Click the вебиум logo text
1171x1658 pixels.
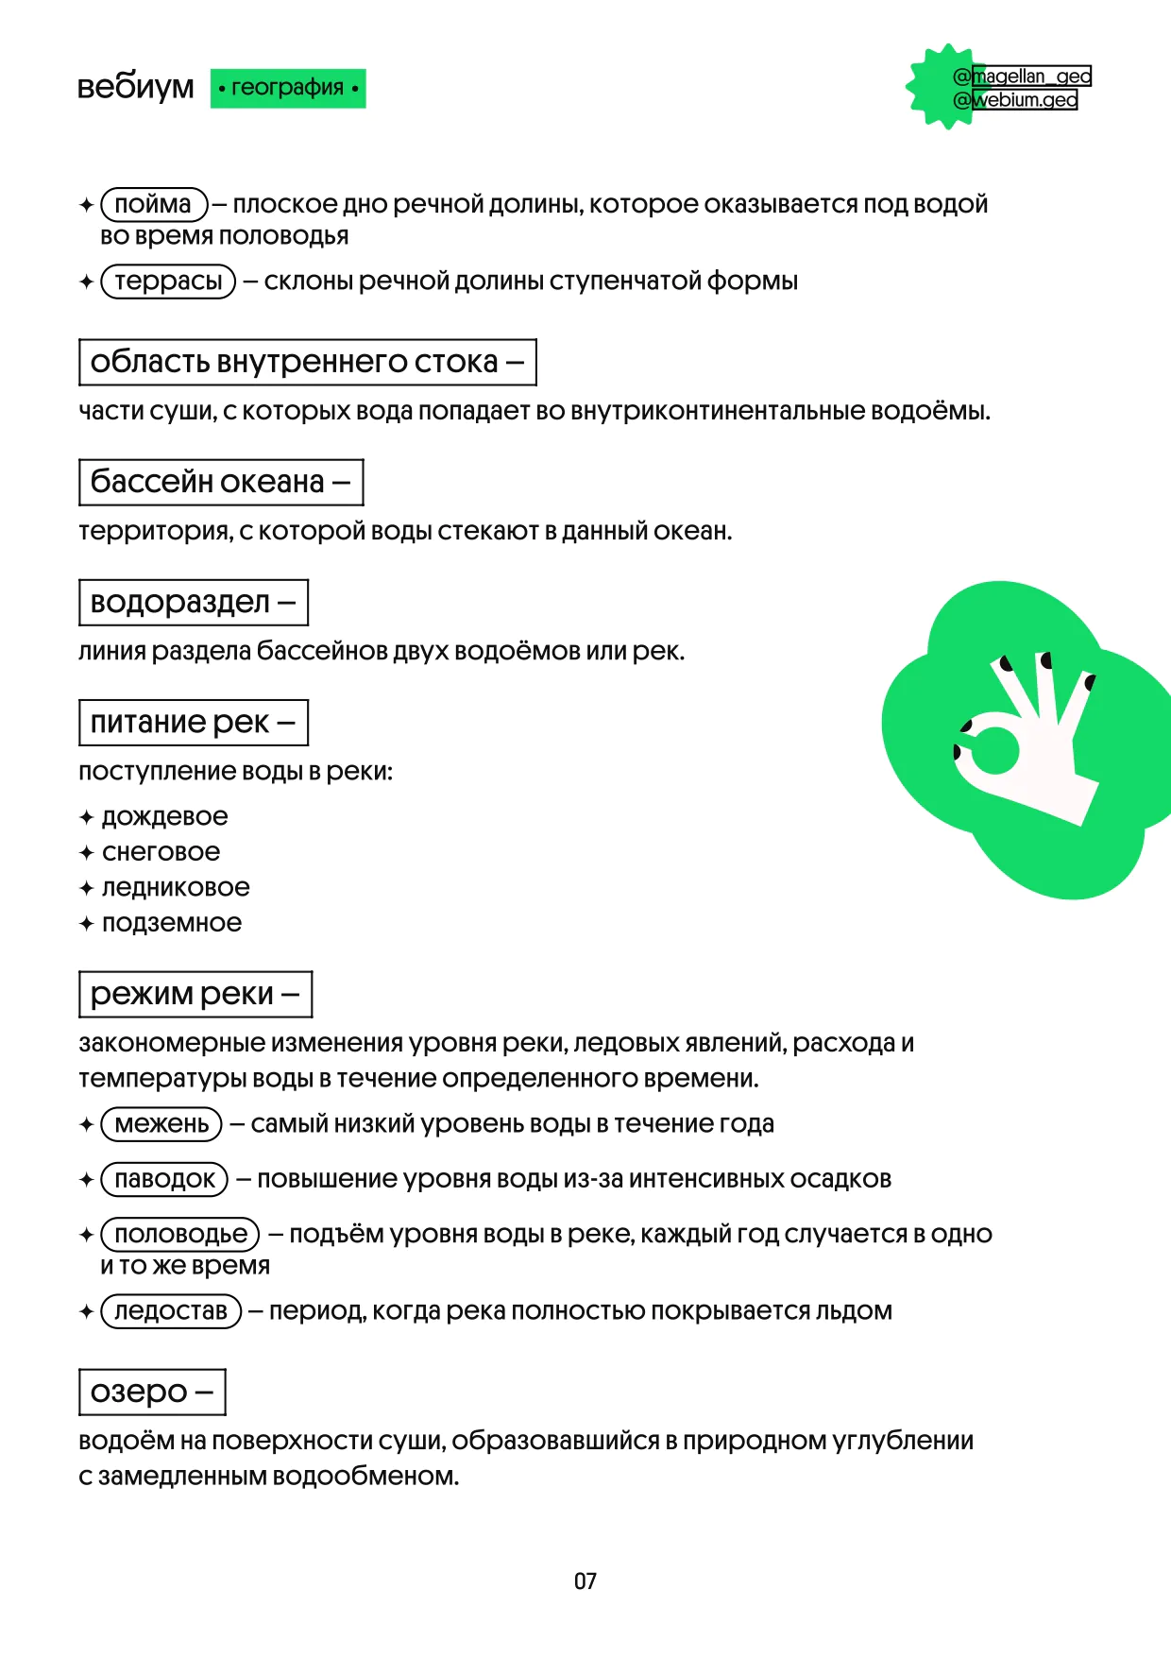[x=135, y=87]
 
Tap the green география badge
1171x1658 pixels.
[x=288, y=88]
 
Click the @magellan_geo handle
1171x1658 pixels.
[x=1024, y=76]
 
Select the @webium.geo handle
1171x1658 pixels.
[x=1016, y=99]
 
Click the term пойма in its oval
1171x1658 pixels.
[x=153, y=204]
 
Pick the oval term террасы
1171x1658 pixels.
[x=168, y=281]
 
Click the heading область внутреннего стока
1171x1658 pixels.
[x=307, y=362]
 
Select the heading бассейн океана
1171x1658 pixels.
[x=220, y=482]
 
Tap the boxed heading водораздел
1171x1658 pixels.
[x=193, y=602]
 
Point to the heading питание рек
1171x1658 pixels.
[x=193, y=722]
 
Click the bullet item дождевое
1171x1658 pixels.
[x=164, y=816]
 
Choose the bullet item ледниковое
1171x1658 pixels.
[x=176, y=887]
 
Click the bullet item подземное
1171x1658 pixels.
[x=171, y=923]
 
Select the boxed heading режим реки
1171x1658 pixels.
[x=195, y=994]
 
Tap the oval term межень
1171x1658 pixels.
[x=161, y=1123]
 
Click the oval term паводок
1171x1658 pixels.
[x=164, y=1179]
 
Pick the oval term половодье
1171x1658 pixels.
[x=180, y=1234]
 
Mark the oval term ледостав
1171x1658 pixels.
[x=171, y=1311]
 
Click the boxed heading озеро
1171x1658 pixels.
[x=152, y=1392]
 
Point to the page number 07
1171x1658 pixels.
[x=585, y=1581]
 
